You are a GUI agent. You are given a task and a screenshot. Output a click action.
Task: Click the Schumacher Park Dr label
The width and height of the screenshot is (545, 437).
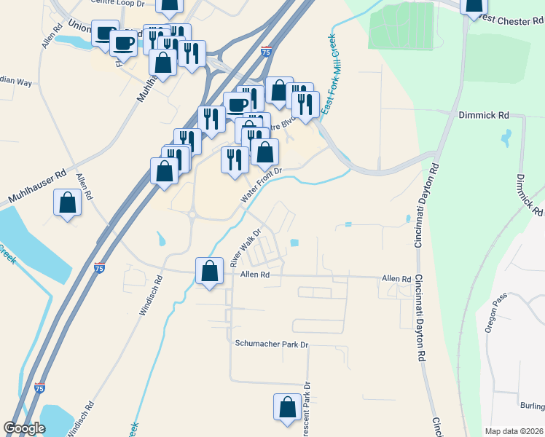[272, 343]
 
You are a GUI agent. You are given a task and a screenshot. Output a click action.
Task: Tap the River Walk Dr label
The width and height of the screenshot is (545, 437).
[246, 249]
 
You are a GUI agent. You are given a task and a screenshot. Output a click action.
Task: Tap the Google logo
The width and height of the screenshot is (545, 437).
[25, 428]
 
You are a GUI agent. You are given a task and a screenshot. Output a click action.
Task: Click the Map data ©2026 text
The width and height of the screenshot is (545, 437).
[513, 431]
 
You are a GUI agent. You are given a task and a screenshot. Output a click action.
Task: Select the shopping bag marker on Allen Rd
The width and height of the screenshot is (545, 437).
[210, 272]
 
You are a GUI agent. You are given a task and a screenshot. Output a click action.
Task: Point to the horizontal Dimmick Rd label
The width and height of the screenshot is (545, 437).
[483, 115]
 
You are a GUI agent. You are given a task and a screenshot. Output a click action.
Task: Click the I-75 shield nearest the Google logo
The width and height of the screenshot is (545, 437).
[39, 388]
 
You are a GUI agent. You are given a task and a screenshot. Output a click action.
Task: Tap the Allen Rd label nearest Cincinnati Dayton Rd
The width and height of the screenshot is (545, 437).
[396, 279]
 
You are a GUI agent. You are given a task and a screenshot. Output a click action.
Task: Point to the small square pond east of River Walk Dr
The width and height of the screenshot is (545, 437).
[294, 243]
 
